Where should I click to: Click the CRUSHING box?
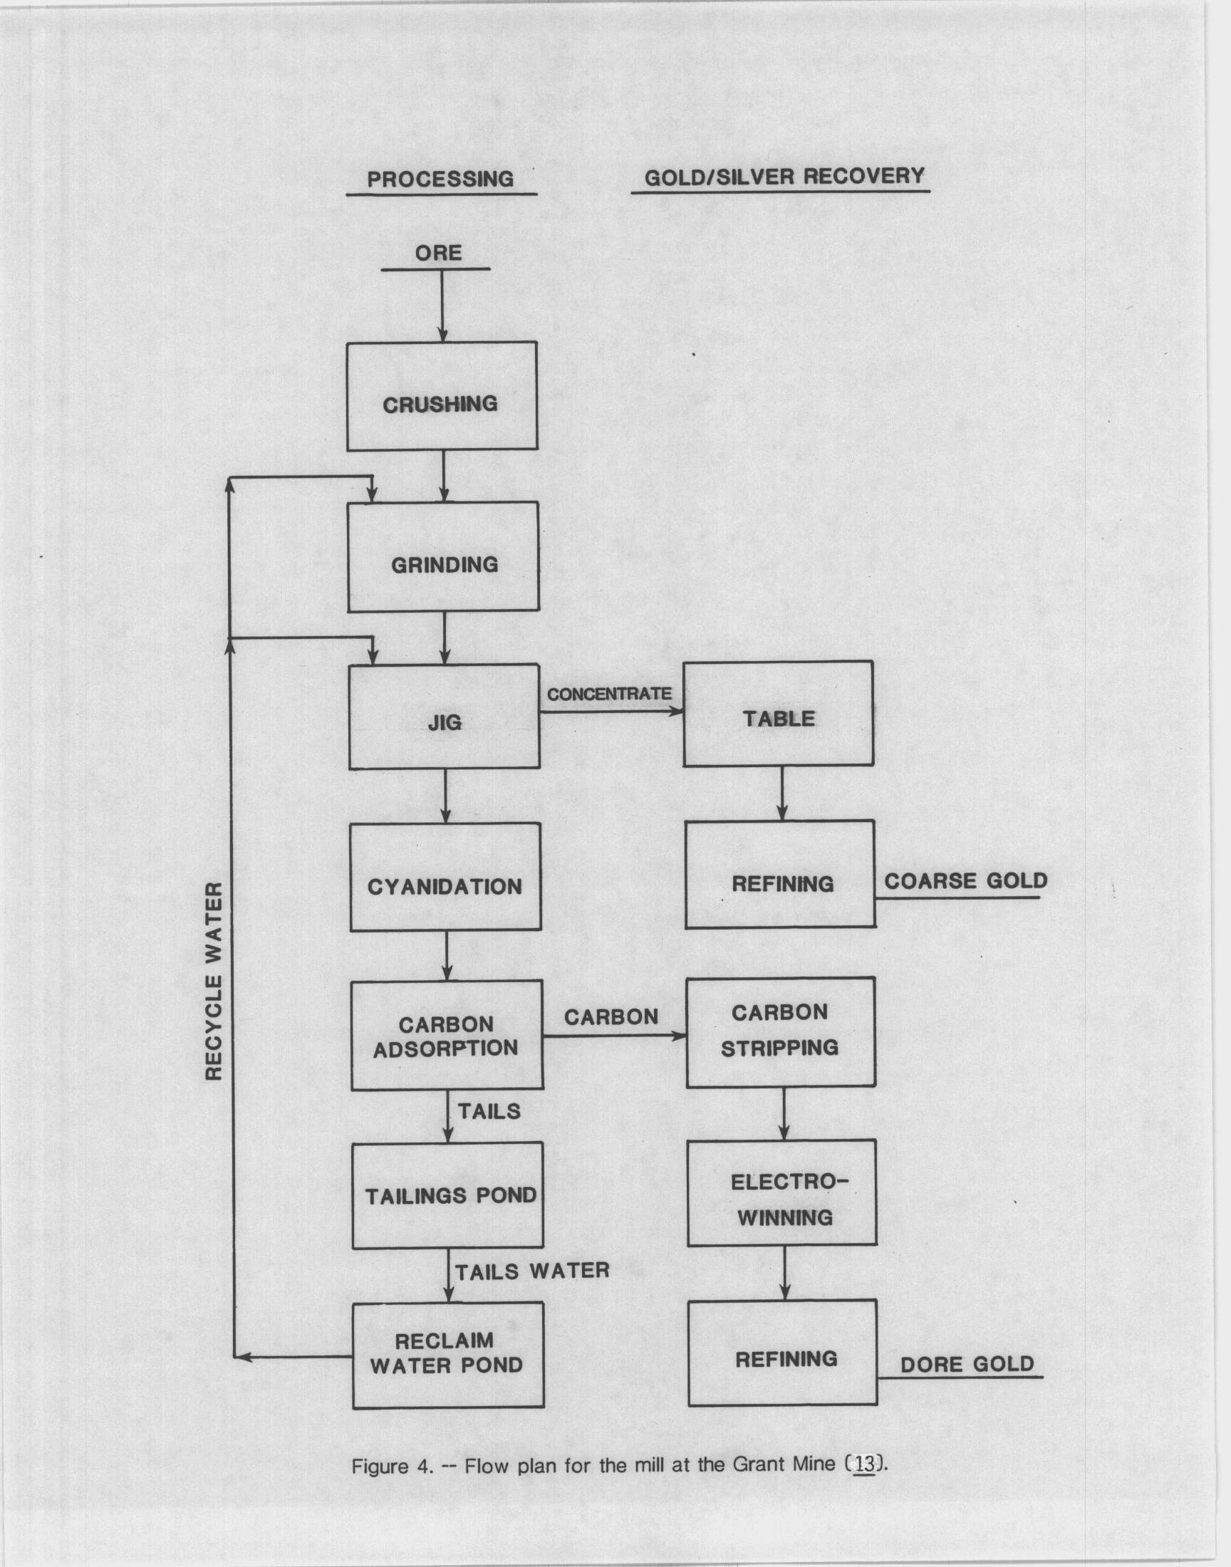pos(442,396)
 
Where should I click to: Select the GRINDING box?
pos(443,557)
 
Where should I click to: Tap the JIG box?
pos(444,716)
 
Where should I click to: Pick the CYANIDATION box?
pos(445,877)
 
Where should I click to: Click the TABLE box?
pos(779,713)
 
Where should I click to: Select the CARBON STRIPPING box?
pos(781,1032)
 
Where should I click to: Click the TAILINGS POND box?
pos(447,1195)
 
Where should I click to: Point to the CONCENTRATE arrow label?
pos(609,694)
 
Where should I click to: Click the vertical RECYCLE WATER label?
pos(214,981)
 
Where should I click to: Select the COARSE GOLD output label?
pos(966,880)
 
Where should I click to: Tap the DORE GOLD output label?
pos(967,1364)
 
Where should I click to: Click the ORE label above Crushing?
pos(438,253)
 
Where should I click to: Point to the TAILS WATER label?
pos(533,1271)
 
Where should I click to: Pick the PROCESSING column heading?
pos(440,179)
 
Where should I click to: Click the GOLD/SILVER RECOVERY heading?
pos(784,177)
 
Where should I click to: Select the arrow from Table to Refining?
pos(782,793)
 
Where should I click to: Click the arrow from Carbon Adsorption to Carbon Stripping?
pos(613,1036)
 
